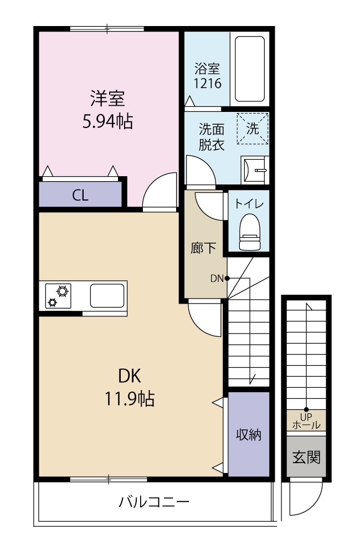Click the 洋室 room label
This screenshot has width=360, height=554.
(x=108, y=99)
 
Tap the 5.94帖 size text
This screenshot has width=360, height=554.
(x=108, y=122)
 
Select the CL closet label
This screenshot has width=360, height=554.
(x=80, y=195)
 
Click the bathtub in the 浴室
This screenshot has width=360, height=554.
(x=250, y=69)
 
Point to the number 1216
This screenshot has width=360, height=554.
(x=207, y=84)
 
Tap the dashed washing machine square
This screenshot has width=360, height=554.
(x=253, y=129)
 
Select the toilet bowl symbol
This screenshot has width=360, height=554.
(x=250, y=232)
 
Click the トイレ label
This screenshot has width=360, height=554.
(x=249, y=204)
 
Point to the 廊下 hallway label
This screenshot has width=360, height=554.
(x=203, y=248)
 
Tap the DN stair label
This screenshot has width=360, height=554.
(x=217, y=279)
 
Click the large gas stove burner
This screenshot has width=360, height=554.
(x=63, y=291)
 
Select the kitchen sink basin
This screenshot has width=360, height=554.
(x=107, y=296)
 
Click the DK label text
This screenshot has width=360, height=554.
(x=130, y=376)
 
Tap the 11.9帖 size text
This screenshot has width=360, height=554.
(x=129, y=399)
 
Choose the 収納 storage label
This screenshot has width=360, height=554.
(x=249, y=434)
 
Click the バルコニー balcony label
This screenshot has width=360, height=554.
(x=154, y=502)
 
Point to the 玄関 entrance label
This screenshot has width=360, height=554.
(x=306, y=457)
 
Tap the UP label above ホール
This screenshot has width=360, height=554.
(x=306, y=417)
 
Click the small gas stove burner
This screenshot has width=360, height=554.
(x=53, y=302)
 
